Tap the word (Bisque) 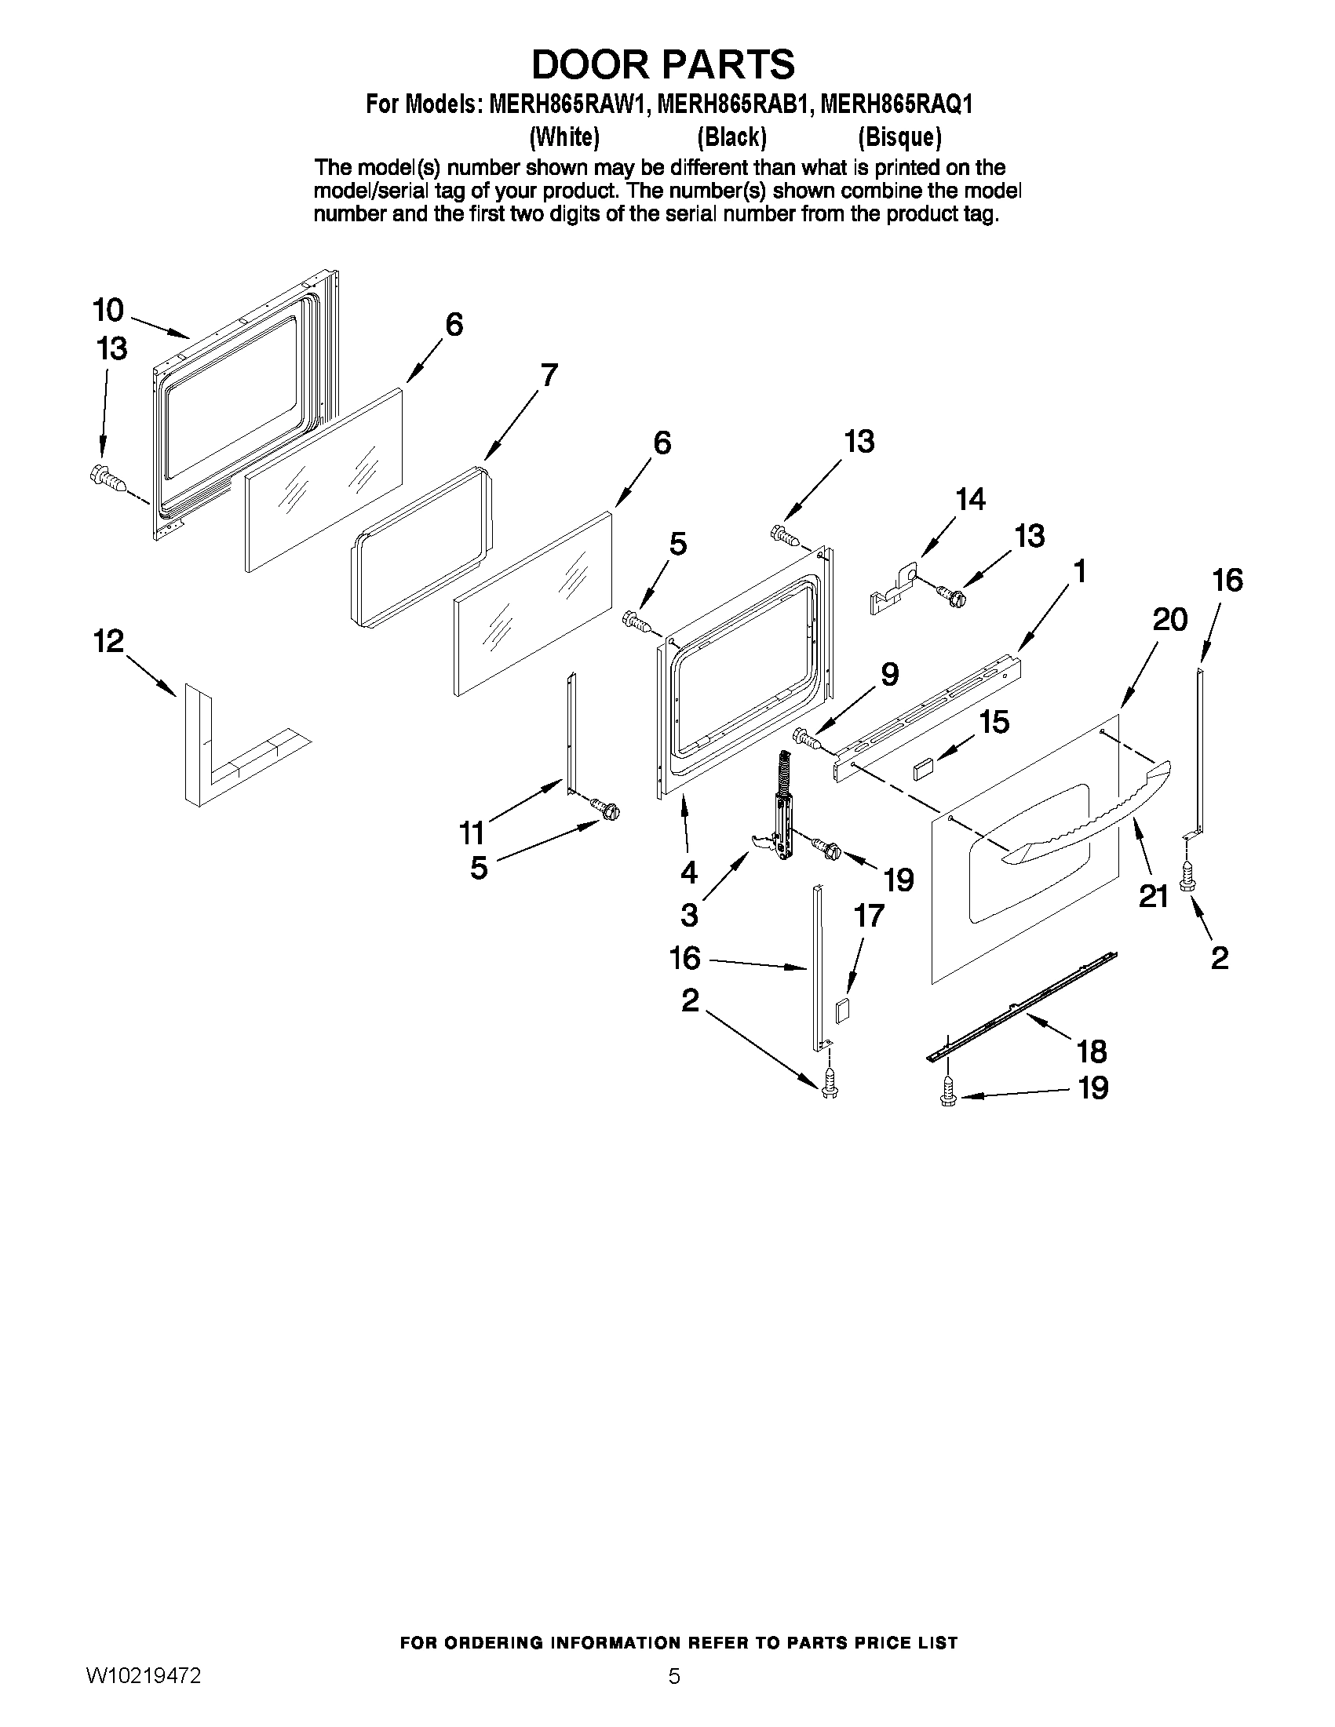click(899, 137)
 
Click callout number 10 click(108, 310)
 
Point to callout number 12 click(109, 640)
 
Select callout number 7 click(548, 374)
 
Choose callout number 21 click(1153, 896)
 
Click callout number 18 click(1092, 1051)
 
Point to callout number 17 click(868, 916)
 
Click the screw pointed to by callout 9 click(806, 737)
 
